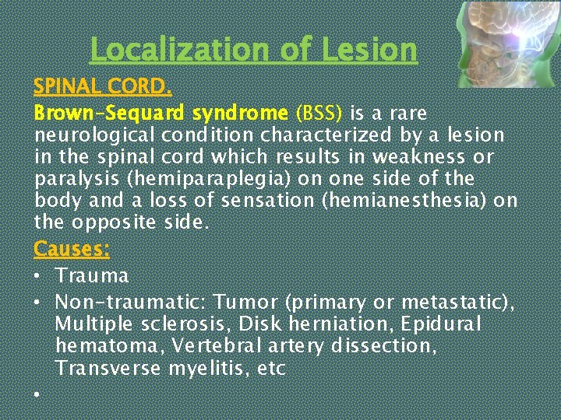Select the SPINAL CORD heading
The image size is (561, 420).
pos(102,85)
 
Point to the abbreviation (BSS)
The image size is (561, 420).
pos(319,114)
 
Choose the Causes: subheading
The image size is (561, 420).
pos(72,249)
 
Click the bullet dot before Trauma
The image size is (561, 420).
pos(37,277)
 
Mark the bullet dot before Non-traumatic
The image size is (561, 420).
pos(37,303)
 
